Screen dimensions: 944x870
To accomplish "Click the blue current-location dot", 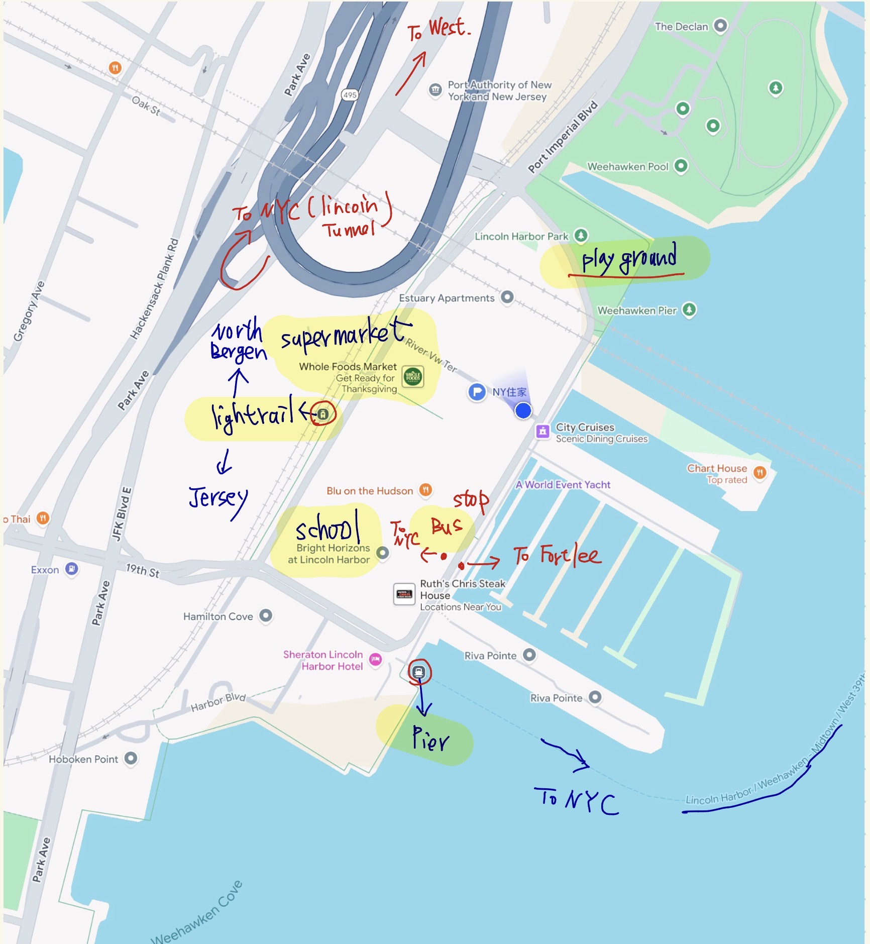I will [523, 410].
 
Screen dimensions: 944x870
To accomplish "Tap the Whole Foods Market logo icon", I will [413, 376].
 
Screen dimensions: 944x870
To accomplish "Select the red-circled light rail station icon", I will [323, 414].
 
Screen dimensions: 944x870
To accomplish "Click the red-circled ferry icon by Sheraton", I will [419, 672].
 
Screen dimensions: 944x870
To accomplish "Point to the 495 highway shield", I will [350, 94].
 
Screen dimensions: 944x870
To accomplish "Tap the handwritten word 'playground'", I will [629, 259].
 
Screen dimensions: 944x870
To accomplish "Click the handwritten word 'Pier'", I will [430, 739].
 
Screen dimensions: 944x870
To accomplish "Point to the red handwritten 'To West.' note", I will [439, 29].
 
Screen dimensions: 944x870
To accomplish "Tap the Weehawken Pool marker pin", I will [681, 165].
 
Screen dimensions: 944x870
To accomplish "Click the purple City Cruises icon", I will [542, 431].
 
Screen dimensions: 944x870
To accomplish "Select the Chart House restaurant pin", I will [760, 472].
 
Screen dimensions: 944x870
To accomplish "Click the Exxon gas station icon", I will [72, 569].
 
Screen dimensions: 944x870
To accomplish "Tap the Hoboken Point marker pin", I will [131, 758].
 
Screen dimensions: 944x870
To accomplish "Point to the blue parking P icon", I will [477, 392].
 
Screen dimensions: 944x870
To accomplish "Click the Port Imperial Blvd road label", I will [563, 137].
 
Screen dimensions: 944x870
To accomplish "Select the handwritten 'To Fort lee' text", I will [557, 555].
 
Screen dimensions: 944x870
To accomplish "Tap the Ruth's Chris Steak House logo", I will [404, 594].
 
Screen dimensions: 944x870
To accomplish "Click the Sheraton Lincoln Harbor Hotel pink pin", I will [375, 659].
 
